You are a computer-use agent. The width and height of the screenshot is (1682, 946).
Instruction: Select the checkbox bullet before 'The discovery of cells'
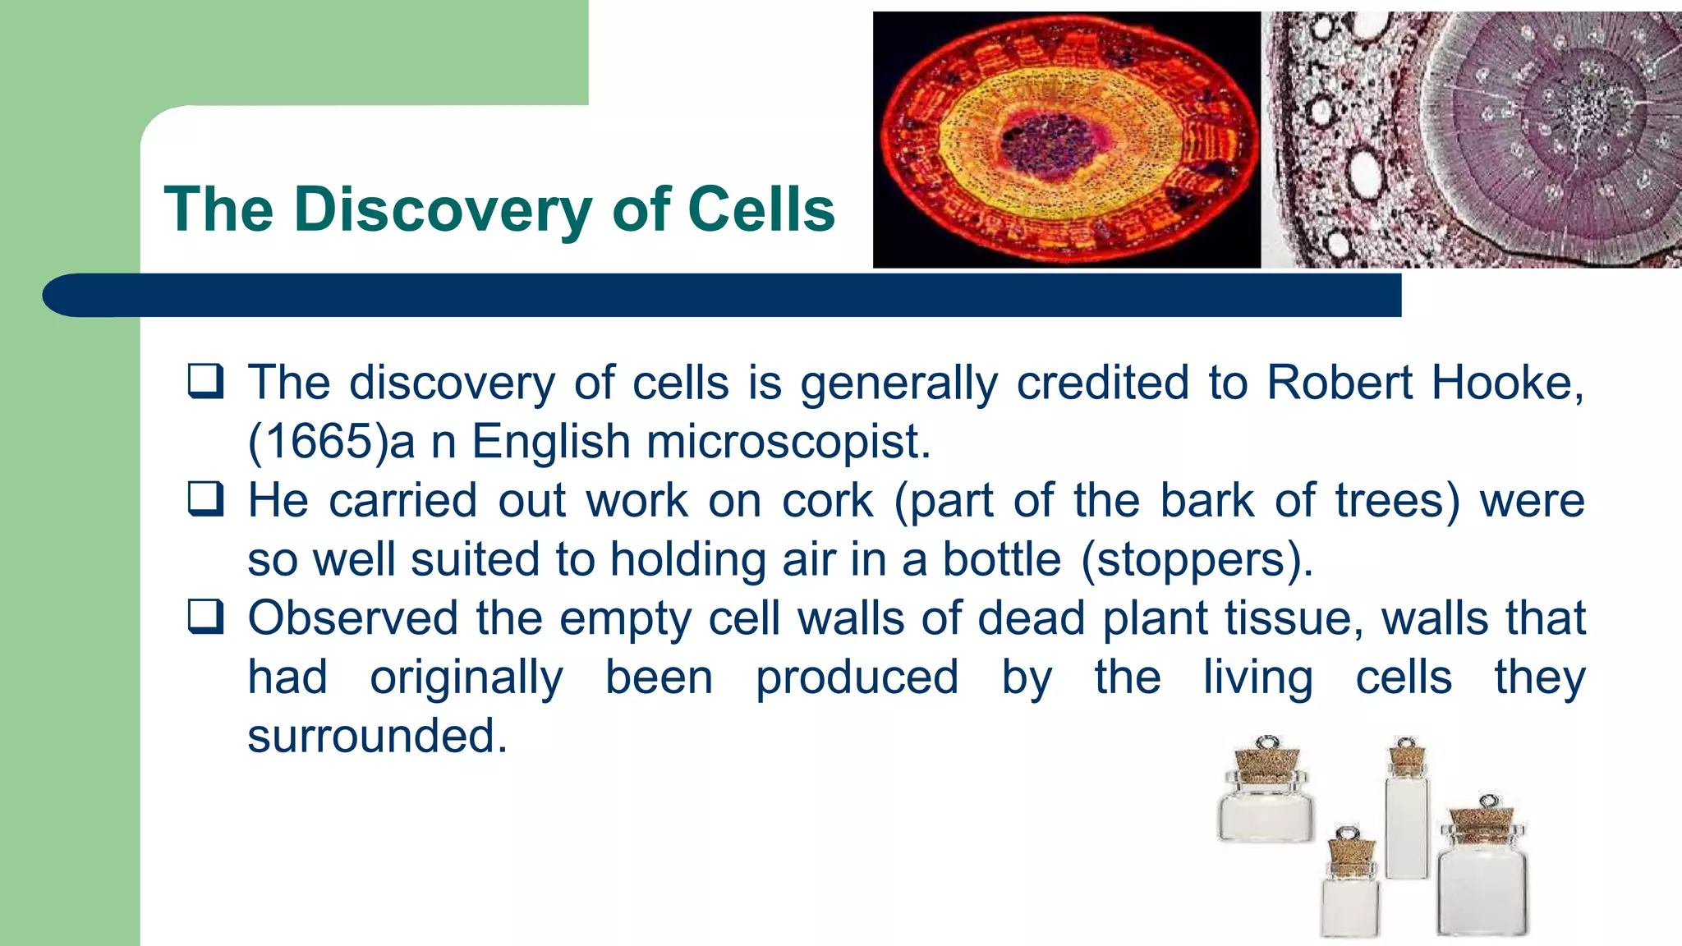205,381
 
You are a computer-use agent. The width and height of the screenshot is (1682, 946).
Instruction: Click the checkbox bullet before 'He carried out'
205,498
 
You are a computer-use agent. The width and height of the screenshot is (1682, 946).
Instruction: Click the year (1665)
317,442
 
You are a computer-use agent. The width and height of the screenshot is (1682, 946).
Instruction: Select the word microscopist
788,442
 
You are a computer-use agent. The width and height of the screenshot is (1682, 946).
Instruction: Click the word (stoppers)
1197,560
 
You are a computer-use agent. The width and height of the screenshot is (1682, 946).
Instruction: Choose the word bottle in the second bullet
1001,560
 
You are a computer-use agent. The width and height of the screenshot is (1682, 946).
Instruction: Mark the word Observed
352,618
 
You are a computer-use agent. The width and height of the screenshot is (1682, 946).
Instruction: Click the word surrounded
377,736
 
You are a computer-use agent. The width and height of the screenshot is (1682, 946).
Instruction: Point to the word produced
857,677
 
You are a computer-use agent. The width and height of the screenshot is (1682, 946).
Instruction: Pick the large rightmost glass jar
1482,887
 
